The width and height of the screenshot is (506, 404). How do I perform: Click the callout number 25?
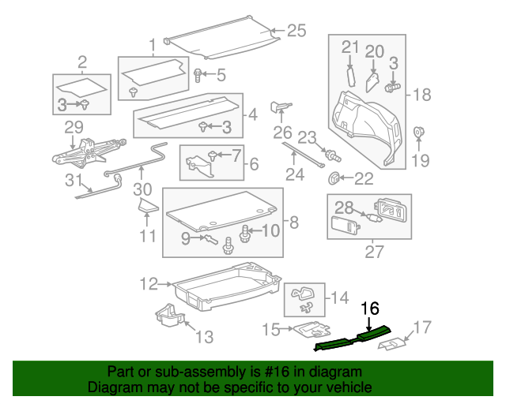(296, 31)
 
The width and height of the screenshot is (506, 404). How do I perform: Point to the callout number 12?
(149, 282)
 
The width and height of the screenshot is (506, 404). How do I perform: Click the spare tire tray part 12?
(229, 288)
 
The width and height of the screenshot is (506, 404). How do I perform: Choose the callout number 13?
(204, 337)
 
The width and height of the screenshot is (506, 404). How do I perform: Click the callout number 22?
(364, 179)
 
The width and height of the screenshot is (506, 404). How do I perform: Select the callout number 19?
(420, 161)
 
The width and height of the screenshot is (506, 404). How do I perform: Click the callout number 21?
(350, 48)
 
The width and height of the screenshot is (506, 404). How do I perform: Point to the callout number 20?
(375, 51)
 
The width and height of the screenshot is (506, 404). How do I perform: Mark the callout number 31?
(74, 181)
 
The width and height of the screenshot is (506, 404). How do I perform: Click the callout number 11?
(146, 237)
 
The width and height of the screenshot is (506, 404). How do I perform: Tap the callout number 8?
(293, 223)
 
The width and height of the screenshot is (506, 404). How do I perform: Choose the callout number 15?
(271, 329)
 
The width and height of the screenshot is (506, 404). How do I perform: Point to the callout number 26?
(282, 131)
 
